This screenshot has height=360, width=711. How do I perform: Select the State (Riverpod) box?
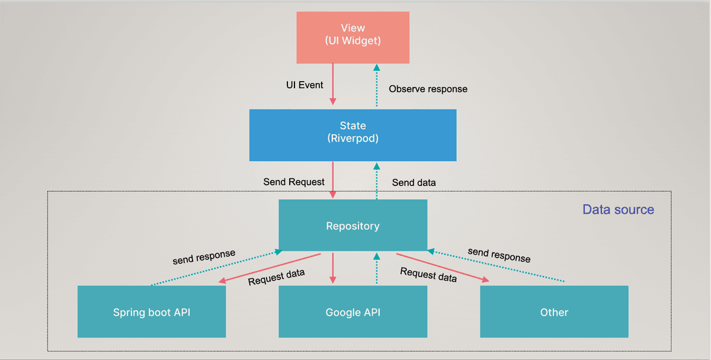353,134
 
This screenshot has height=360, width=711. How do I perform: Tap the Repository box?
353,226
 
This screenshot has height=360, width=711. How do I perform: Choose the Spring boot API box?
152,312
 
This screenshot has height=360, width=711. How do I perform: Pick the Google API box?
353,312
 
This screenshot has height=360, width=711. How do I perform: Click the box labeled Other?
554,312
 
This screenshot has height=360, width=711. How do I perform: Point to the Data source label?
618,210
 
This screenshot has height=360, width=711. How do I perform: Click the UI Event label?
305,85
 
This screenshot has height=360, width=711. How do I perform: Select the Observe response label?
428,89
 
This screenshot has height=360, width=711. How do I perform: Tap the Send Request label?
294,182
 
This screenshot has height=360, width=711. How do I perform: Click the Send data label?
414,182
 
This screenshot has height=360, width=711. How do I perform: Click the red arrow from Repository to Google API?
333,268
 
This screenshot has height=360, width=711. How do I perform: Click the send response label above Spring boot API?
204,257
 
